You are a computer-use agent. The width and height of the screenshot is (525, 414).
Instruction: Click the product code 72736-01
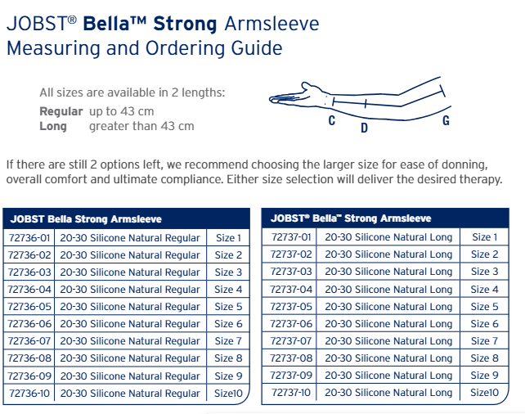[29, 238]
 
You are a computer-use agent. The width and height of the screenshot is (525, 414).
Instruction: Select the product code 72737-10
[291, 392]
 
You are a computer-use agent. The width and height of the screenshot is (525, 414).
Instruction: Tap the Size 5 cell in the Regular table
[228, 307]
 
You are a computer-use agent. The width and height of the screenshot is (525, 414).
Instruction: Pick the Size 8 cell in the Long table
[484, 358]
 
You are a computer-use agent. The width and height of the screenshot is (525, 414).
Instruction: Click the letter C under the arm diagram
[332, 120]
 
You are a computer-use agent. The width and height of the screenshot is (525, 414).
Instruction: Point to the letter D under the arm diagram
[364, 128]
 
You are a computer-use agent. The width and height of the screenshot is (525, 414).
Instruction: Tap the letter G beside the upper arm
[446, 120]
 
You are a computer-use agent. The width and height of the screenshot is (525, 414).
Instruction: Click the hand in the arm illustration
[294, 95]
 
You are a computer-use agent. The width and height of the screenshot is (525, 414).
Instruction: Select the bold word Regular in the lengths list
[61, 111]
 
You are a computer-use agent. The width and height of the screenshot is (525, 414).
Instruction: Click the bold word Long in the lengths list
[53, 126]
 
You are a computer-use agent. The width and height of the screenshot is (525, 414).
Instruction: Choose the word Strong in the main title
[185, 24]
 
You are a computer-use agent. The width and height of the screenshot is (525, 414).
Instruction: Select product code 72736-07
[29, 341]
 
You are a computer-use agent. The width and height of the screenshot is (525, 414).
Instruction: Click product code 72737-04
[291, 289]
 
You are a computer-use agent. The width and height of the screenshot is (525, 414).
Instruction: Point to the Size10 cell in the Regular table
[228, 393]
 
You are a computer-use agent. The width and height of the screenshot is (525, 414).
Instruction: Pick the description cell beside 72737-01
[388, 237]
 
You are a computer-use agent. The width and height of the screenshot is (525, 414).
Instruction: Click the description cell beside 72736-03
[130, 272]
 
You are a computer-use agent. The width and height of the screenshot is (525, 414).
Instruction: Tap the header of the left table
[127, 218]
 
